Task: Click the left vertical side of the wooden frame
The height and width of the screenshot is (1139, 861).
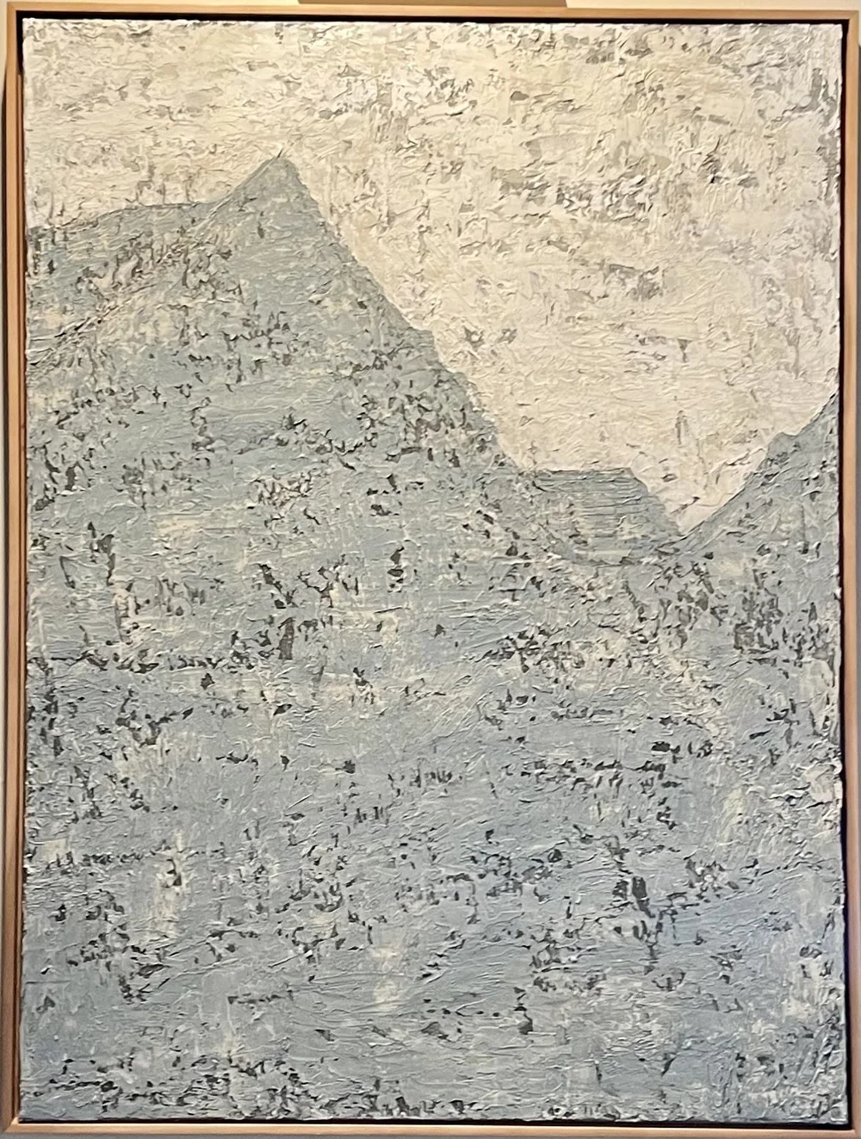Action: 11,568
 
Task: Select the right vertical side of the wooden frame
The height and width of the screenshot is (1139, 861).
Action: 850,568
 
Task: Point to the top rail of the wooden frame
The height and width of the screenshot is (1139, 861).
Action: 430,11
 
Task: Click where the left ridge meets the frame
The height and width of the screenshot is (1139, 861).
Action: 26,231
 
